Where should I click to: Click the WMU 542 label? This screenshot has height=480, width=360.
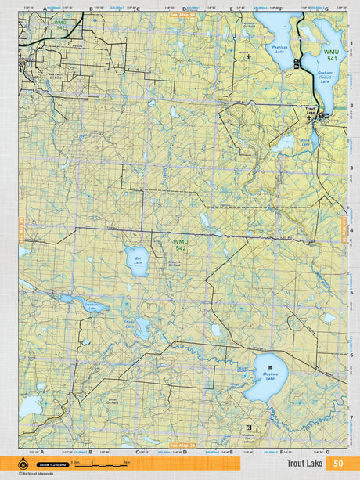click(181, 246)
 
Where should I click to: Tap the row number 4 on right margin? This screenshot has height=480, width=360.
click(351, 229)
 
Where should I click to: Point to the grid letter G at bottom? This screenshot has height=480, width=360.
click(327, 452)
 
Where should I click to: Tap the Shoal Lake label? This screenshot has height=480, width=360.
click(129, 323)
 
